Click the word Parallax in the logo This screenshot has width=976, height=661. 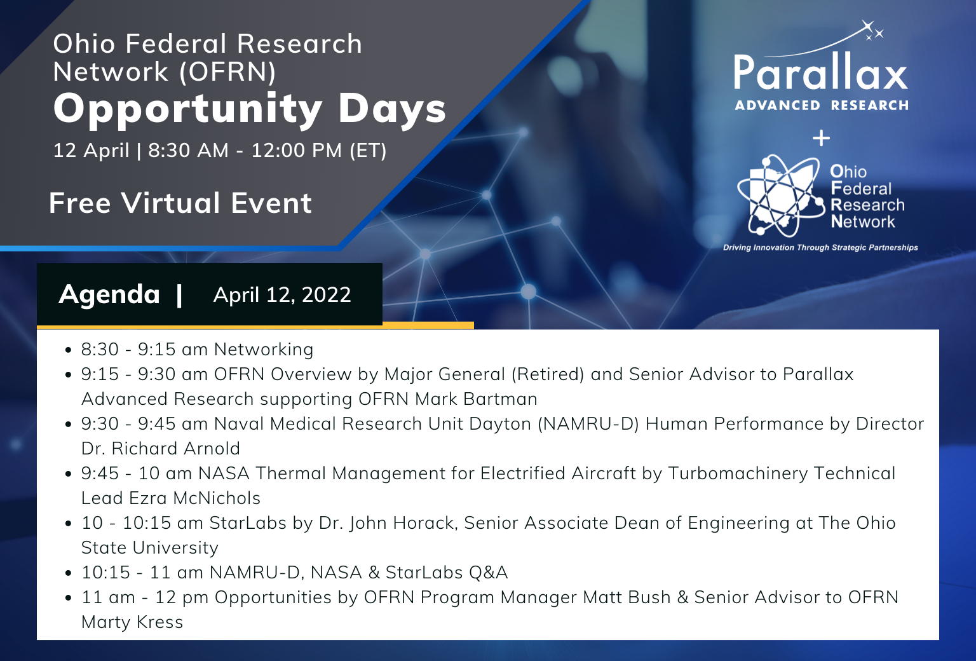821,72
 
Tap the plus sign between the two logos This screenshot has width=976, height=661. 822,138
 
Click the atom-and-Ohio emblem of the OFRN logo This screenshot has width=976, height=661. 781,196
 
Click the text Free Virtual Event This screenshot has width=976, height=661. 180,203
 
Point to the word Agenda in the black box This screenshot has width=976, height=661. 109,294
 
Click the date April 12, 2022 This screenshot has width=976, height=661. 282,294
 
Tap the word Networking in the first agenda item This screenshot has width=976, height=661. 264,350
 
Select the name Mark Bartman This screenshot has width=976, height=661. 476,399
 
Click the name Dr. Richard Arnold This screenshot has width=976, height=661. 161,448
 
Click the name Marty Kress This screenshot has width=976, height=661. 132,622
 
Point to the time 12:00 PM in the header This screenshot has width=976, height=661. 297,151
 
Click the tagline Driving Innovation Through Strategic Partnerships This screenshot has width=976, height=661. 820,247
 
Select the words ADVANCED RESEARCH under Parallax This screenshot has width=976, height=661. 822,106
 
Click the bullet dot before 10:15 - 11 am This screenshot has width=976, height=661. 68,573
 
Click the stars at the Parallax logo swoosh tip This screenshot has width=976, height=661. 872,31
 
